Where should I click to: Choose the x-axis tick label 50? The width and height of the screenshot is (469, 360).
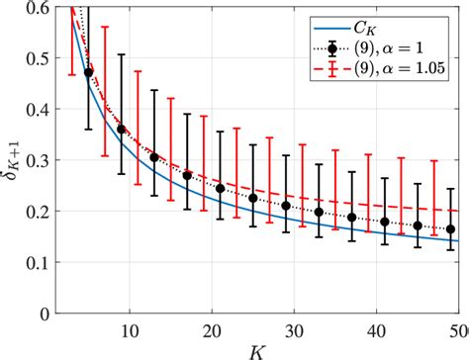459,327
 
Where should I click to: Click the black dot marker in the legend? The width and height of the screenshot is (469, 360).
337,45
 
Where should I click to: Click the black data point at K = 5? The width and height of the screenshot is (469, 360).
89,72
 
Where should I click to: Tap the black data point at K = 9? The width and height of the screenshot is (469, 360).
122,129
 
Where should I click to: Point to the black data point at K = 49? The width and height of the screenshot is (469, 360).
450,229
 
